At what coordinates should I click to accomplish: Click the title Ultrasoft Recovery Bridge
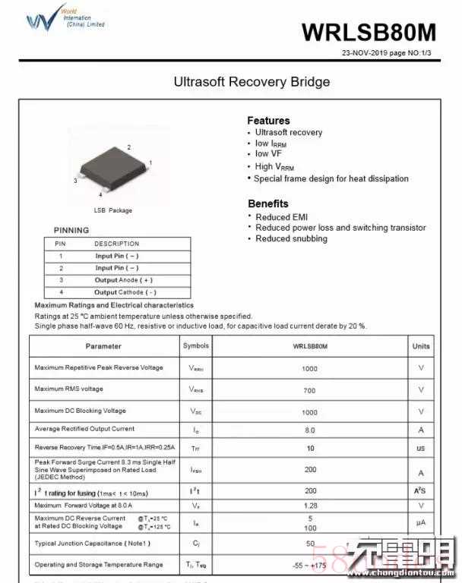point(252,81)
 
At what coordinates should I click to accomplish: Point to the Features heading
point(268,121)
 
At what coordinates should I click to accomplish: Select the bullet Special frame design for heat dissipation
point(331,179)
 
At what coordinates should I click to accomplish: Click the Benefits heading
point(268,203)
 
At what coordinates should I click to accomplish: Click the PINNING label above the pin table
point(71,230)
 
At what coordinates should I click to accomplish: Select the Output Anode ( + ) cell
point(123,280)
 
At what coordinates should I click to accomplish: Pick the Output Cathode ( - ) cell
point(125,292)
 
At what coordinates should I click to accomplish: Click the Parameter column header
point(103,346)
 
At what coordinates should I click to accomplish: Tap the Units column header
point(421,346)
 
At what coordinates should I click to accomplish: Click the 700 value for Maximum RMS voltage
point(310,389)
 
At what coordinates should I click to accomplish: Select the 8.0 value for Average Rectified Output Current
point(310,430)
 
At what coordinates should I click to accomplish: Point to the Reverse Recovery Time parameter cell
point(105,448)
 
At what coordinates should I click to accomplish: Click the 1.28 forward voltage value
point(310,506)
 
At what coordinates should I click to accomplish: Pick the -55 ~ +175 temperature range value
point(310,565)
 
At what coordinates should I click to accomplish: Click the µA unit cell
point(421,523)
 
